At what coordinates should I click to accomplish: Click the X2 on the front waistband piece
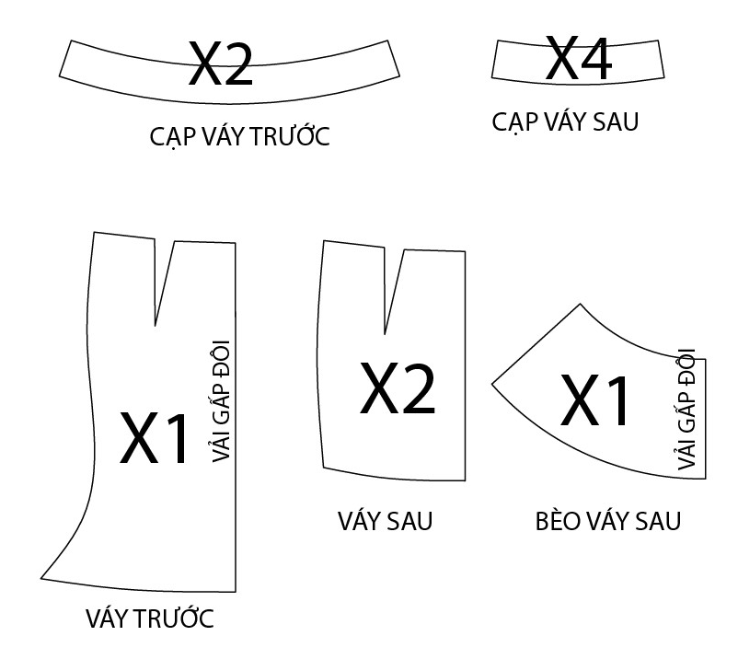point(221,64)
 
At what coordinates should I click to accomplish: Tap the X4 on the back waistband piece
point(578,59)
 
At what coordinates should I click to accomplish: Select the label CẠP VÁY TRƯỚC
point(239,137)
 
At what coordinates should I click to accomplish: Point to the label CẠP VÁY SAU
point(565,121)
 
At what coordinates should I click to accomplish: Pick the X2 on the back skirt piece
point(398,387)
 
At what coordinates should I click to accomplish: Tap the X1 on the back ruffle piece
point(596,401)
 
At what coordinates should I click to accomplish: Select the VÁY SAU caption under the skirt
point(385,521)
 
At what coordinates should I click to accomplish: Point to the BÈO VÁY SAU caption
point(608,521)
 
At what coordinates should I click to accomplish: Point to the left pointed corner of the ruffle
point(493,382)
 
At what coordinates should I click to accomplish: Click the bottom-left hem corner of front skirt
point(41,579)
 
